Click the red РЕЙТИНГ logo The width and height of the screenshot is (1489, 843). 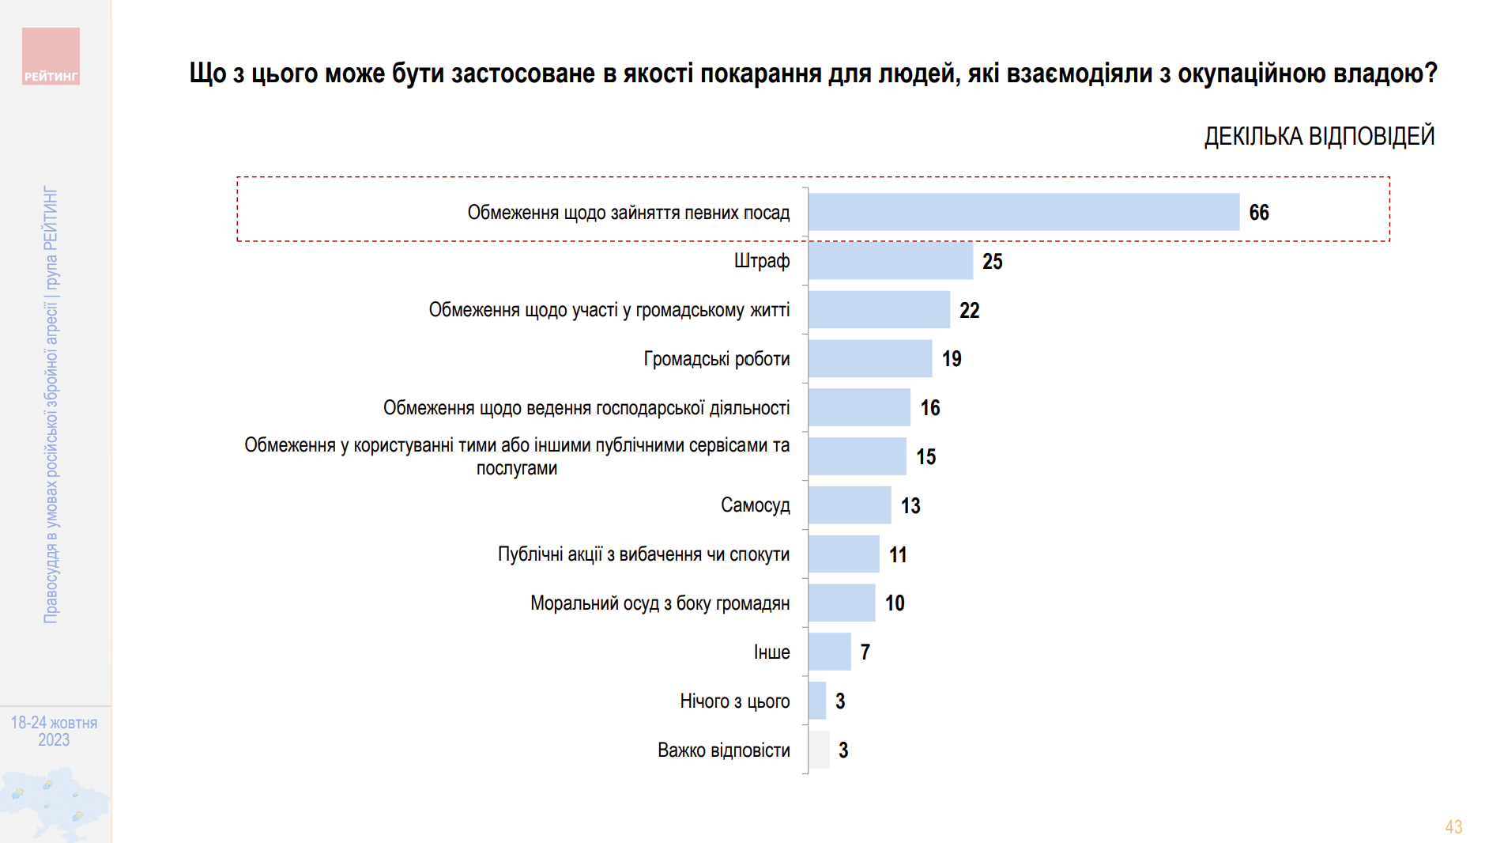point(51,56)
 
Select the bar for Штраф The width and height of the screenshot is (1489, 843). point(890,261)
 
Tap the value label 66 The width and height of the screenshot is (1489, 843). point(1258,213)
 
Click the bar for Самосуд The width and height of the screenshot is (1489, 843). point(850,505)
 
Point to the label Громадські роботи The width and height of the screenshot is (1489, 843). point(716,359)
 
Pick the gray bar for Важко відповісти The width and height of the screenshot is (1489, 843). point(819,750)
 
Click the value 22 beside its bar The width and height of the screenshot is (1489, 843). point(969,310)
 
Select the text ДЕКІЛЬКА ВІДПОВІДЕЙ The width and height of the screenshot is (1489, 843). point(1318,136)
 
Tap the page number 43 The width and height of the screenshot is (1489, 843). point(1453,826)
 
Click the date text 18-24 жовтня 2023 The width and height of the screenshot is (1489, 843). point(54,731)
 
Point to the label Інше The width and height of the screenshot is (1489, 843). point(771,652)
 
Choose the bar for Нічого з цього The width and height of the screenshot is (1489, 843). point(817,701)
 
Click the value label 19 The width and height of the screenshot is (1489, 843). point(952,359)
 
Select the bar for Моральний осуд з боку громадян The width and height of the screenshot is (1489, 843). point(842,603)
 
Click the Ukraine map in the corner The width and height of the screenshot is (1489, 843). point(54,803)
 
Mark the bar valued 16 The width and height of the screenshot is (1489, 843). point(859,408)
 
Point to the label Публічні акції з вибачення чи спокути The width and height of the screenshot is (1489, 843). point(643,554)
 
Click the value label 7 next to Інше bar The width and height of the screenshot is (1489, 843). point(865,652)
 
